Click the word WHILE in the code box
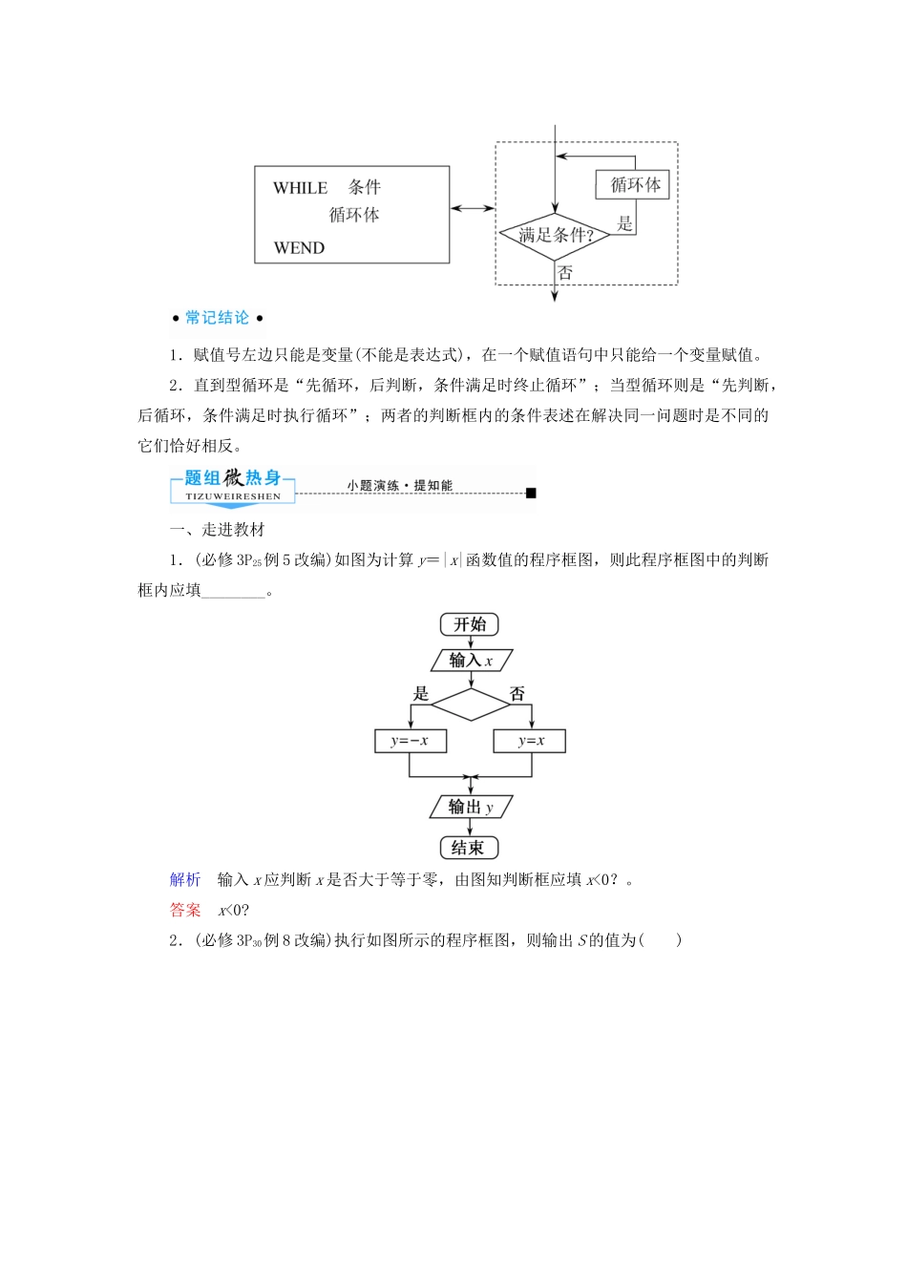pyautogui.click(x=300, y=188)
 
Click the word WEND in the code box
pyautogui.click(x=299, y=248)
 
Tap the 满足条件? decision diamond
pyautogui.click(x=555, y=235)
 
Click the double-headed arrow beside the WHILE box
pyautogui.click(x=472, y=208)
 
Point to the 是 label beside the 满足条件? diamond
pyautogui.click(x=625, y=223)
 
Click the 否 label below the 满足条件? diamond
pyautogui.click(x=565, y=273)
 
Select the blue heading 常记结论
pyautogui.click(x=217, y=318)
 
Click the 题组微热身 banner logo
pyautogui.click(x=233, y=484)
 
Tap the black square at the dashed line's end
pyautogui.click(x=532, y=493)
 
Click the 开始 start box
pyautogui.click(x=470, y=624)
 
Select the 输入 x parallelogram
pyautogui.click(x=471, y=661)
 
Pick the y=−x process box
pyautogui.click(x=410, y=741)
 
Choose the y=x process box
pyautogui.click(x=530, y=741)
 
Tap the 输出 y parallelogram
pyautogui.click(x=471, y=808)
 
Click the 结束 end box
pyautogui.click(x=469, y=848)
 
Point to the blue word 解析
pyautogui.click(x=185, y=879)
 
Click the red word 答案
pyautogui.click(x=185, y=910)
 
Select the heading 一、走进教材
pyautogui.click(x=217, y=530)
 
